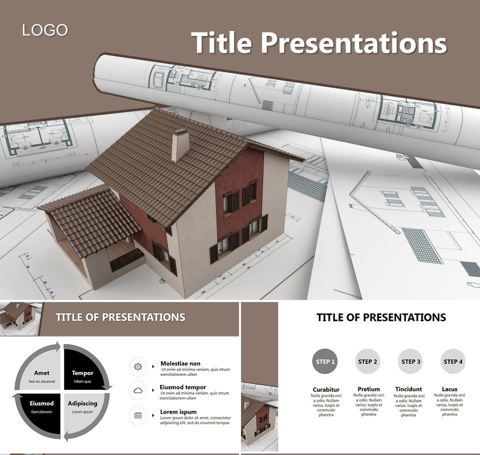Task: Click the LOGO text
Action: click(x=44, y=30)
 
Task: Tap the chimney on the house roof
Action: click(x=180, y=145)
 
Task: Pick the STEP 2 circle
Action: click(x=368, y=361)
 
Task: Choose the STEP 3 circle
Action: click(x=411, y=361)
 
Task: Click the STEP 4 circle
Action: click(x=453, y=361)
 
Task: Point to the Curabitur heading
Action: click(x=326, y=389)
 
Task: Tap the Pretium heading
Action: click(x=368, y=389)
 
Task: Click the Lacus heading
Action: click(x=449, y=389)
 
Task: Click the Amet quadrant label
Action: click(x=41, y=373)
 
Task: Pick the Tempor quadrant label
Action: click(x=82, y=373)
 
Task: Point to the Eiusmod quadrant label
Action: click(x=41, y=403)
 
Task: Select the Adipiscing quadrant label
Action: click(x=82, y=403)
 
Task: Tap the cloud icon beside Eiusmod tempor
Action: click(x=138, y=390)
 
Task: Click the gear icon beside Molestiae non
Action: click(x=138, y=366)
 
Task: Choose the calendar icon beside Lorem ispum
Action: click(x=138, y=415)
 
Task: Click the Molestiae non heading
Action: click(x=180, y=363)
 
